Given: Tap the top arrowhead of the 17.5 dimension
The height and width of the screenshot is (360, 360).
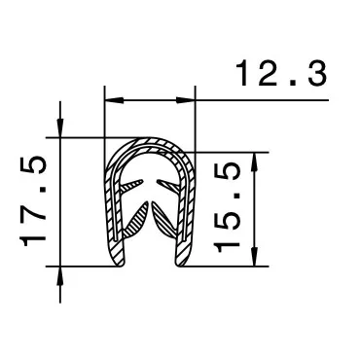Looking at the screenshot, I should [61, 129].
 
